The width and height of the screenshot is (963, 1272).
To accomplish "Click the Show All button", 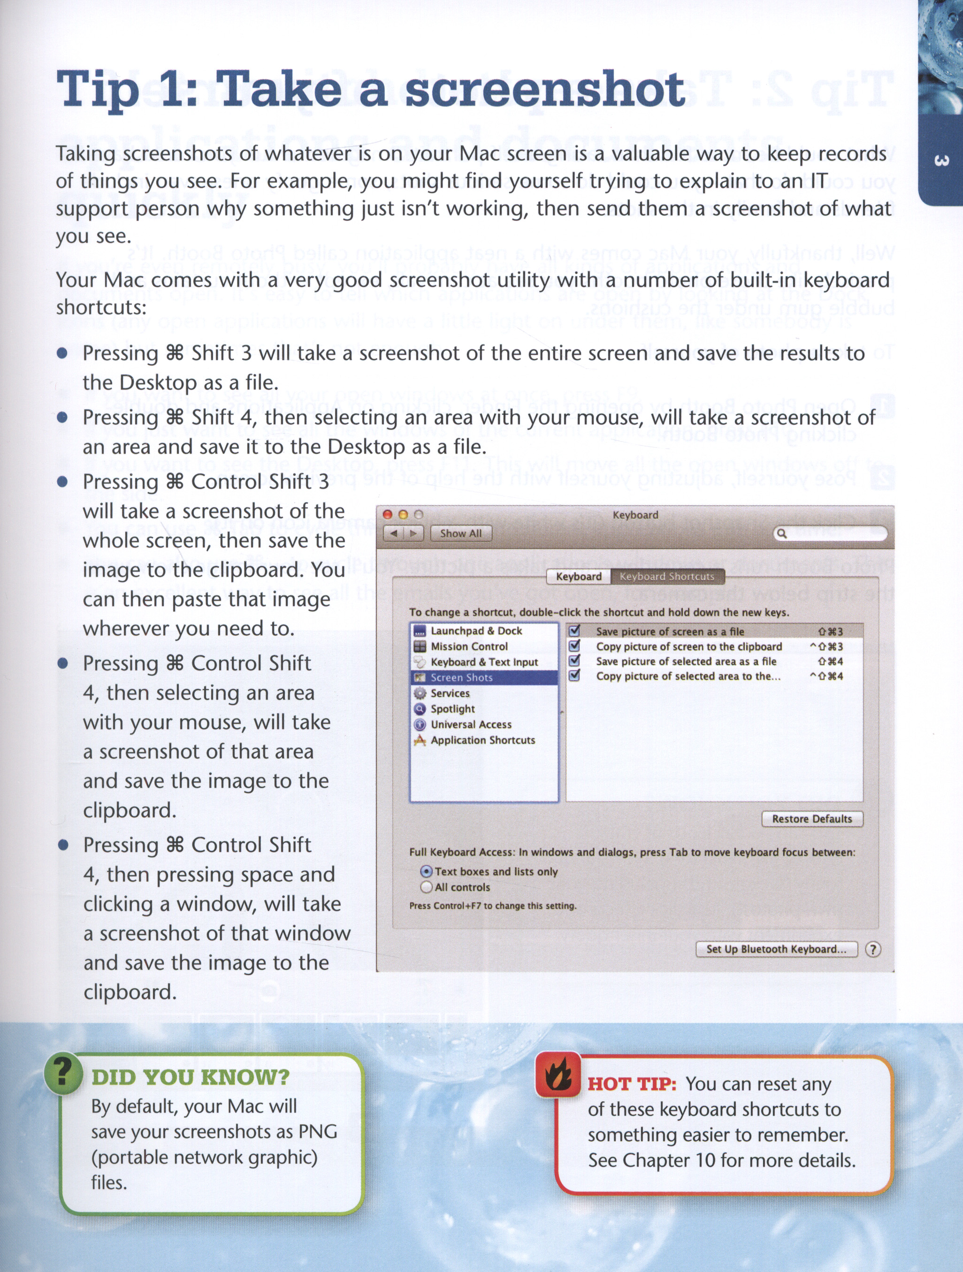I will click(x=461, y=533).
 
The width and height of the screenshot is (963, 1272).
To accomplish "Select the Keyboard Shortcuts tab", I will click(x=667, y=576).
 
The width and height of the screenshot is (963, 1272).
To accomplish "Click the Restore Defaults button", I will click(x=812, y=818).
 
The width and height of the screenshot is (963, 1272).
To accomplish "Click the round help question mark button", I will click(x=873, y=949).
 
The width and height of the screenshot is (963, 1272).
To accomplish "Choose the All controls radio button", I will click(x=426, y=887).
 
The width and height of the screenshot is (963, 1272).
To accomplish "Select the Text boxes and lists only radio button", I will click(x=426, y=871).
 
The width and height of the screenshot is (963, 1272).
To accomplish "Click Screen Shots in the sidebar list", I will click(x=461, y=678).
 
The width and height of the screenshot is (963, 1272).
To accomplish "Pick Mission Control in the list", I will click(x=469, y=647).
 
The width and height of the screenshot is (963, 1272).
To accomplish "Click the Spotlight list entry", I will click(x=453, y=708).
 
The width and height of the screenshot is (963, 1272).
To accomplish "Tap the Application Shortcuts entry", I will click(x=482, y=740).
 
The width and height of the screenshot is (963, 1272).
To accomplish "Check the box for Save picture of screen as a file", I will click(x=574, y=631).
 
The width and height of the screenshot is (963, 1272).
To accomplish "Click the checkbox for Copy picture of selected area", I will click(x=574, y=676).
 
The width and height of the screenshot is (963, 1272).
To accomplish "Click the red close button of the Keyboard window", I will click(x=388, y=515).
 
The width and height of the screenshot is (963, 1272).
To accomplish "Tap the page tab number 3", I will click(x=941, y=160).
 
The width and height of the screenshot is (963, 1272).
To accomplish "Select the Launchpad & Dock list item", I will click(x=476, y=631).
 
